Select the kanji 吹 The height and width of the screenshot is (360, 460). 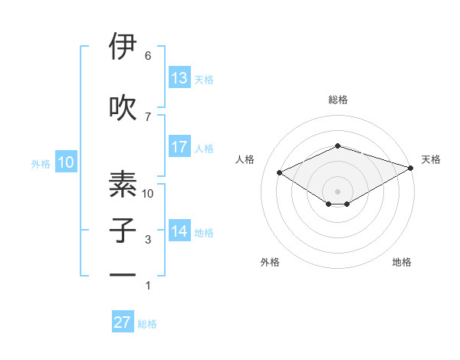(x=123, y=106)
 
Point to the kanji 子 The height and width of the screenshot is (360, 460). (x=123, y=230)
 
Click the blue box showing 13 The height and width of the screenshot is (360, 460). (x=179, y=78)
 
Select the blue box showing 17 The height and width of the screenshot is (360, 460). (x=179, y=147)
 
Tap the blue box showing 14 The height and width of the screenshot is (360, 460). (x=179, y=231)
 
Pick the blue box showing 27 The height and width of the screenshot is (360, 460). (x=123, y=322)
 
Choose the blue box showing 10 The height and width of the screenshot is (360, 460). (x=65, y=162)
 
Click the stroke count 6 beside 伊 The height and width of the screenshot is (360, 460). (x=148, y=56)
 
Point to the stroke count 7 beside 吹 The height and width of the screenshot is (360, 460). (x=148, y=116)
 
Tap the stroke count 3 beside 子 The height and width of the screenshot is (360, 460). (x=148, y=240)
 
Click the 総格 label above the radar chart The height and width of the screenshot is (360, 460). (x=337, y=100)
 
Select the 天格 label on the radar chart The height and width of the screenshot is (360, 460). (x=432, y=159)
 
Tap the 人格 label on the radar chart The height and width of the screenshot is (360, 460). (x=245, y=159)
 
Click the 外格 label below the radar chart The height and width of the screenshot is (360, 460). (x=270, y=262)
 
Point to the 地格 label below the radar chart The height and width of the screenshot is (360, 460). (x=402, y=262)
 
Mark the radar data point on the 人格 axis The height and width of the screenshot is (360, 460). (x=280, y=172)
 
